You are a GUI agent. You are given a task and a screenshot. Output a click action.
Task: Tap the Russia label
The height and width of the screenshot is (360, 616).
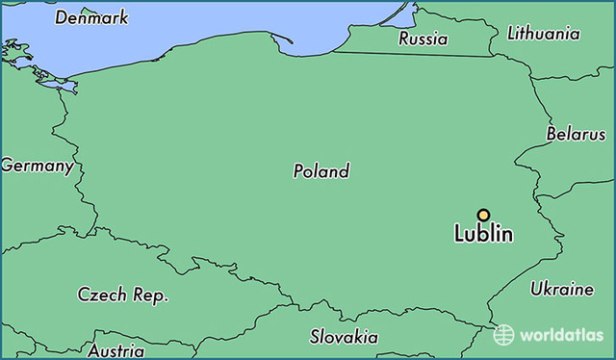tap(423, 39)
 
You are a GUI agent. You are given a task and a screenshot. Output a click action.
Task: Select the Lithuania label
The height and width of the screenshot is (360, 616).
tap(544, 34)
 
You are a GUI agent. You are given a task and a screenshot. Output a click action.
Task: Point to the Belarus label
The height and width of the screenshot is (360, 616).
tap(576, 134)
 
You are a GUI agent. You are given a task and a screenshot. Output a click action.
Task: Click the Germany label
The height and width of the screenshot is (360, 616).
tap(37, 166)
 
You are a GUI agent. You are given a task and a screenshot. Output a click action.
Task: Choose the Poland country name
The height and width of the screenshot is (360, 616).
tap(321, 171)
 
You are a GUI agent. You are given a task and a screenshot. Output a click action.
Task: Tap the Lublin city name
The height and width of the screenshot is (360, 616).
tap(483, 234)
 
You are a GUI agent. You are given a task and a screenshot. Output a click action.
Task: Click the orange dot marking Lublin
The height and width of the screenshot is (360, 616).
tap(483, 216)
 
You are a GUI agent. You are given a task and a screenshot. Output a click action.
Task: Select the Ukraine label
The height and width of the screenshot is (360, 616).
tap(562, 289)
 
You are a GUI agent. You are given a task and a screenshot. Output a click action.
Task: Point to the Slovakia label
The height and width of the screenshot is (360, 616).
tap(344, 337)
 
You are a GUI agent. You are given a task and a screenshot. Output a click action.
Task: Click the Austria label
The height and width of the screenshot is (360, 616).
tap(115, 350)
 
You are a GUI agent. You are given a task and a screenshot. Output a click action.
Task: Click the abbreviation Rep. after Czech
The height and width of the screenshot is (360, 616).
tap(151, 296)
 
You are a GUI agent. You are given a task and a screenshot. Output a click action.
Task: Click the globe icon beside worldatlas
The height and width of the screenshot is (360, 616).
tap(504, 334)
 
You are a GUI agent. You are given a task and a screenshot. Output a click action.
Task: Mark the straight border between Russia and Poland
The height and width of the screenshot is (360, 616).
tap(414, 54)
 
